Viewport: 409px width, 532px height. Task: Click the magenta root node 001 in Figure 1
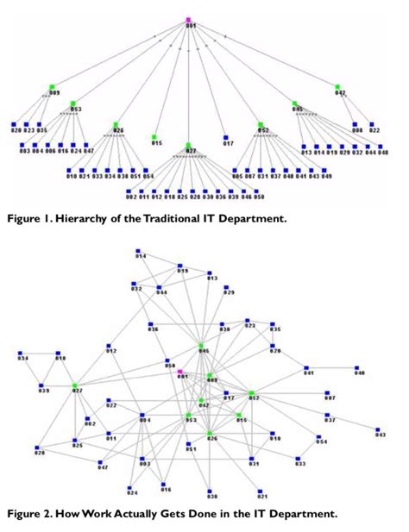188,19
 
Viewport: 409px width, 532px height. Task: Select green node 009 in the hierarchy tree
52,86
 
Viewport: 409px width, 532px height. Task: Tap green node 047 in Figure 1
337,85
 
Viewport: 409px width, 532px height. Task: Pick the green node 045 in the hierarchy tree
294,103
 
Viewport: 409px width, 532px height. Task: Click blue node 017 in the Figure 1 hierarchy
225,136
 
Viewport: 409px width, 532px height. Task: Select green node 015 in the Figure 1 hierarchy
154,136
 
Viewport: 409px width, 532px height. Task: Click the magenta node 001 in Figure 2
180,372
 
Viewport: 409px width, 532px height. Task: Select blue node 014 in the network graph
138,252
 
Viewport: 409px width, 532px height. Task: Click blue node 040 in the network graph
356,368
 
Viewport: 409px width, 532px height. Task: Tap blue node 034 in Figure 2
21,354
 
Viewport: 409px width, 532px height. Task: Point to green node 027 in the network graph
75,385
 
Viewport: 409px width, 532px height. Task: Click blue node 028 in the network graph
37,448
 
